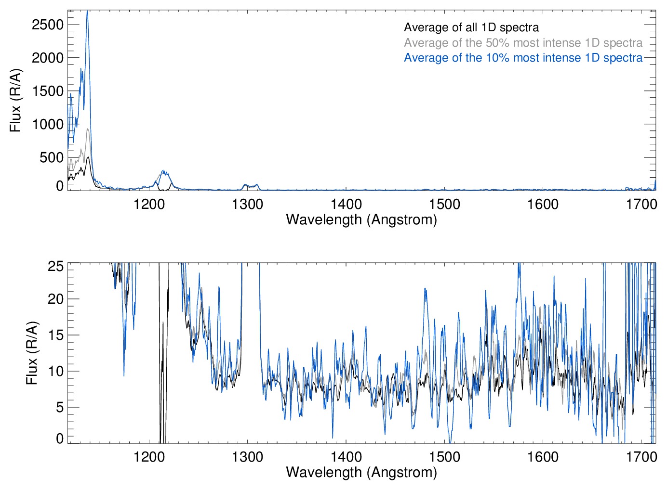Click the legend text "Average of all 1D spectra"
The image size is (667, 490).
[x=471, y=27]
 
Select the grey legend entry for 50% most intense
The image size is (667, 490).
[x=523, y=43]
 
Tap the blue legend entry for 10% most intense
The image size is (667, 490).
[x=523, y=58]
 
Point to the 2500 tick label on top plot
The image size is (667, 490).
[x=48, y=25]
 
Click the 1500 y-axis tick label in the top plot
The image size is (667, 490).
[x=48, y=91]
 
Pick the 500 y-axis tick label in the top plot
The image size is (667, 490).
[x=52, y=157]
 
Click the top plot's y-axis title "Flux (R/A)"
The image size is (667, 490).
[x=15, y=101]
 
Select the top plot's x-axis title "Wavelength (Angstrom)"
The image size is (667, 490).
[x=361, y=219]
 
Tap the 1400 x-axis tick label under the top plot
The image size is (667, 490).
[x=346, y=204]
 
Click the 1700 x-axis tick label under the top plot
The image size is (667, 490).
[x=641, y=204]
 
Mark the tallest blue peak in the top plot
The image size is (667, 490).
[x=87, y=12]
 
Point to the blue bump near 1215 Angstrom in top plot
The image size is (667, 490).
[x=164, y=172]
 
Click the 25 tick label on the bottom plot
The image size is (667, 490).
[x=56, y=266]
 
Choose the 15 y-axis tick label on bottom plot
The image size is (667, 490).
[x=56, y=335]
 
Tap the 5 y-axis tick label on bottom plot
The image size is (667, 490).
[x=60, y=407]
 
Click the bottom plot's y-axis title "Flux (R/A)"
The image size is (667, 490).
[x=32, y=353]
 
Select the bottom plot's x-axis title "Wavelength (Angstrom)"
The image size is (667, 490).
[x=361, y=472]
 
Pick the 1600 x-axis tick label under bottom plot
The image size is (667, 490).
[x=543, y=457]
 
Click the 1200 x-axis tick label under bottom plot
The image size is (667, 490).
[x=149, y=457]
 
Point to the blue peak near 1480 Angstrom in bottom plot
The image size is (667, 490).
[x=425, y=289]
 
